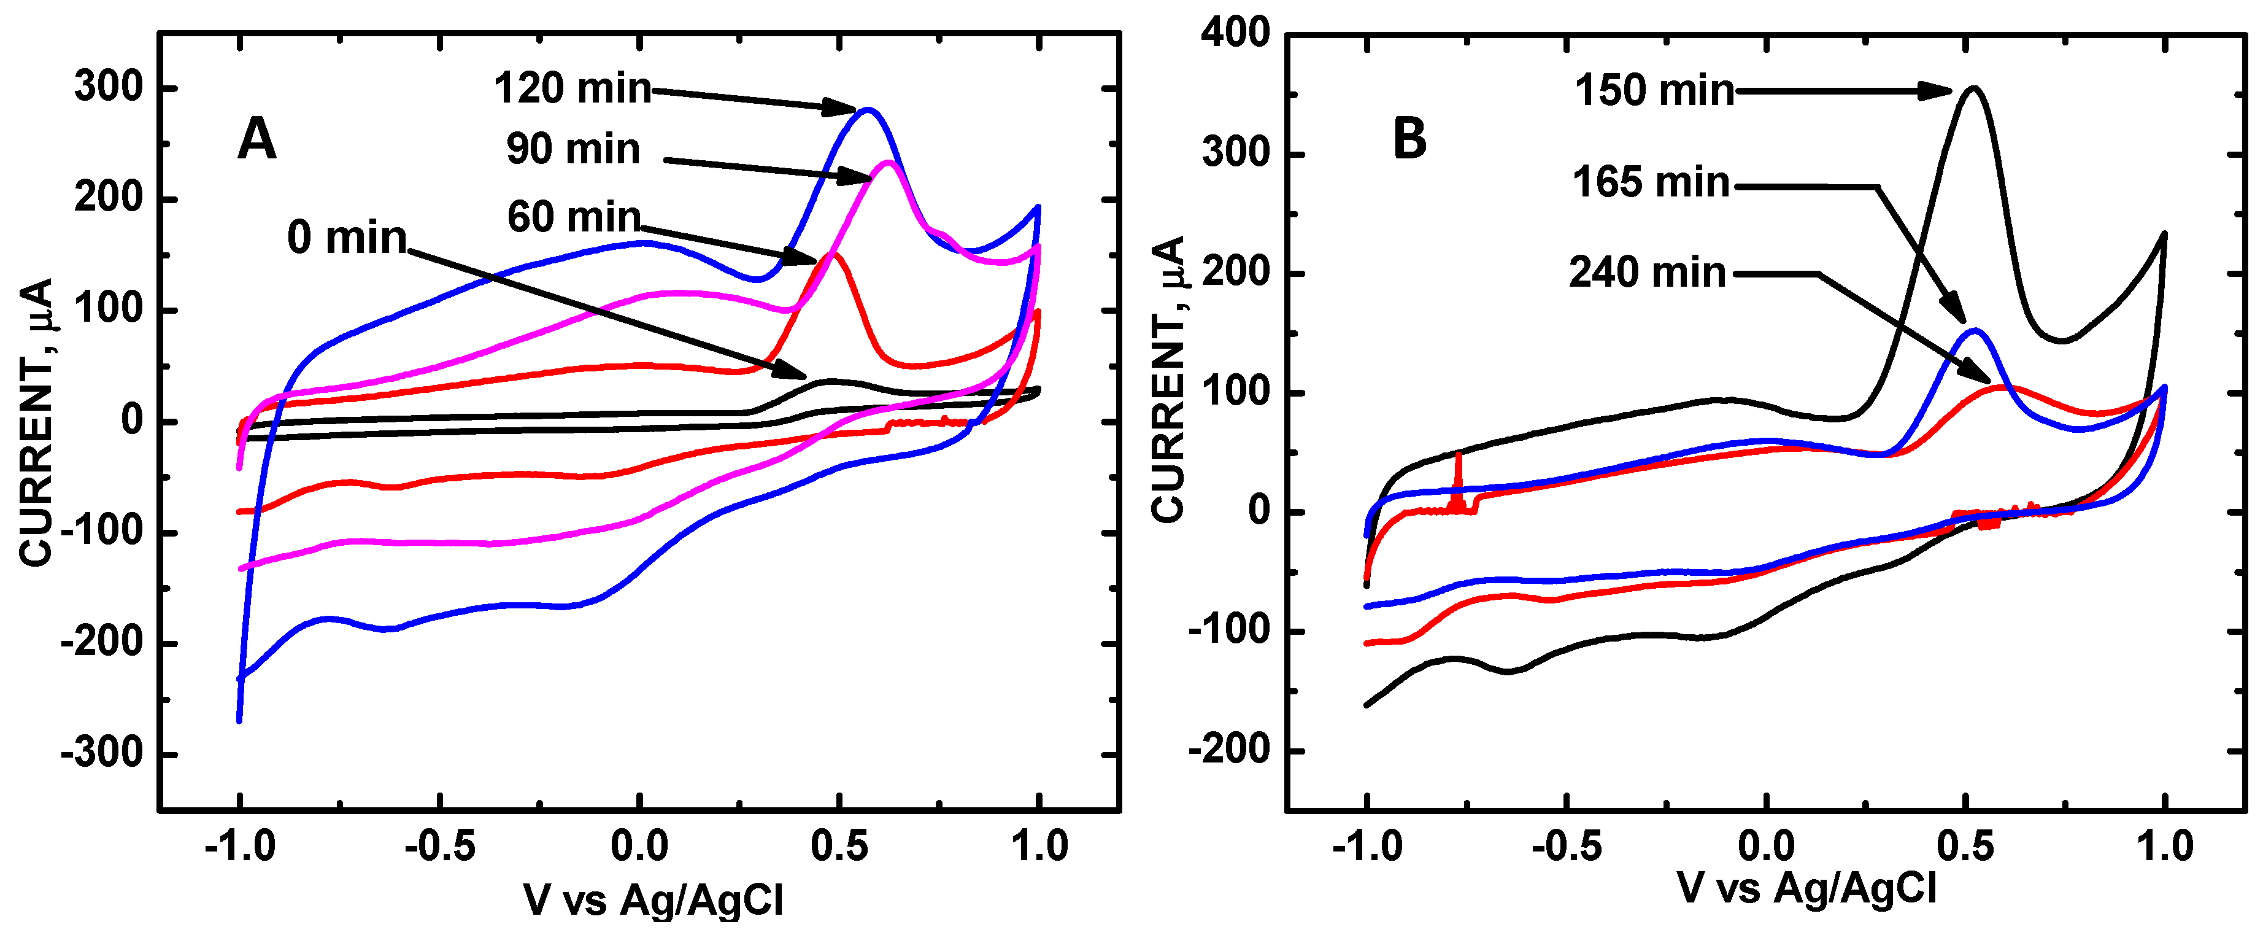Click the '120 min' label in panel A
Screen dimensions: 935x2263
coord(572,89)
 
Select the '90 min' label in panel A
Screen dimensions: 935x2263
coord(572,149)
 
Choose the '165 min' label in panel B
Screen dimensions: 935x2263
coord(1651,183)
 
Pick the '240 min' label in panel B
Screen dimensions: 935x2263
coord(1647,273)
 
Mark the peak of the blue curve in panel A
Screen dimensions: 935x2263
coord(868,110)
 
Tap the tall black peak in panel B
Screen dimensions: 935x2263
coord(1973,88)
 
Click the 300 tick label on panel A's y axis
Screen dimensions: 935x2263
coord(108,88)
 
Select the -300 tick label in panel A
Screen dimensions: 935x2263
coord(101,754)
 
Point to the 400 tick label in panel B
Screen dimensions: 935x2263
coord(1235,33)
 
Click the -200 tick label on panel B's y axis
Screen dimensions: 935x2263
coord(1229,750)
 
